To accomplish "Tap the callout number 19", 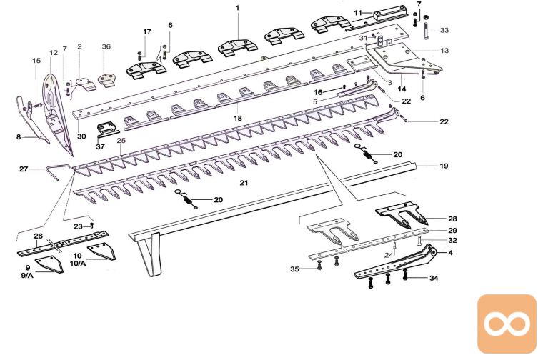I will point(444,166).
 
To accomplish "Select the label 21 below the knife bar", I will point(244,184).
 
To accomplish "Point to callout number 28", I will point(452,219).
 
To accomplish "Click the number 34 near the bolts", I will point(434,279).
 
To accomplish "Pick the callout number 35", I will point(294,269).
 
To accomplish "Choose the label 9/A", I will point(26,275).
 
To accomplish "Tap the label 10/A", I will point(79,262).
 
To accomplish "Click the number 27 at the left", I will point(24,169).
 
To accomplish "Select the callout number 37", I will point(100,146).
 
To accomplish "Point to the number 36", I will point(106,46).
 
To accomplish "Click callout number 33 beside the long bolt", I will point(444,31).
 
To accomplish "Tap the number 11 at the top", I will point(358,12).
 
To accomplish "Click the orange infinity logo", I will point(506,324).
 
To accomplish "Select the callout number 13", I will point(444,51).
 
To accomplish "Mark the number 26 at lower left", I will point(39,236).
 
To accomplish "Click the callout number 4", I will point(452,252).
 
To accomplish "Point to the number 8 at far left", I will point(19,136).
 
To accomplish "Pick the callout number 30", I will point(81,136).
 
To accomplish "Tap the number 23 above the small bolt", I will point(79,226).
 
